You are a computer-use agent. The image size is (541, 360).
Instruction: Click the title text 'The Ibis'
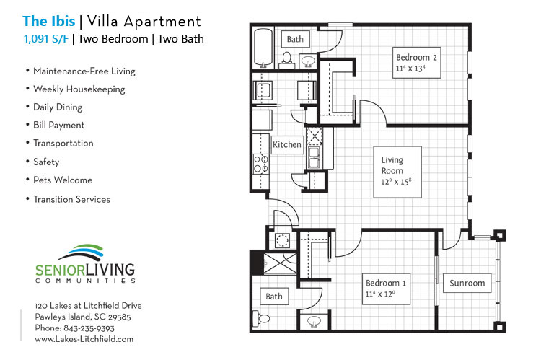coord(48,20)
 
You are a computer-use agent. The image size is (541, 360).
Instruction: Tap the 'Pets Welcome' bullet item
coord(62,180)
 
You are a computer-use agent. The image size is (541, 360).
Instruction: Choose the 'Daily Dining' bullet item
coord(57,107)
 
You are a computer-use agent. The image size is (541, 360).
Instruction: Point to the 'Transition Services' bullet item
coord(71,199)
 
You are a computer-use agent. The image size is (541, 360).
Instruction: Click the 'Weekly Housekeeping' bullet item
coord(79,89)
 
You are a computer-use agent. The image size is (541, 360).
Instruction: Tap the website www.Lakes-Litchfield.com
coord(84,338)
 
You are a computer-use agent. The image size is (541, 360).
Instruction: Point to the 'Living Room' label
coord(392,165)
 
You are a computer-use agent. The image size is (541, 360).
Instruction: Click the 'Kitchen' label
coord(286,145)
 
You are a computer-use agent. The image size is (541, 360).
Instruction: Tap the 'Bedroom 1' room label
coord(385,283)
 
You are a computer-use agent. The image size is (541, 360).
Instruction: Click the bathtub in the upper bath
coord(263,47)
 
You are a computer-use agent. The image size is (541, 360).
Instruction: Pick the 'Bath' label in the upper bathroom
coord(295,39)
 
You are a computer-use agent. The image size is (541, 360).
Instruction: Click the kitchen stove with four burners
coord(260,164)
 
